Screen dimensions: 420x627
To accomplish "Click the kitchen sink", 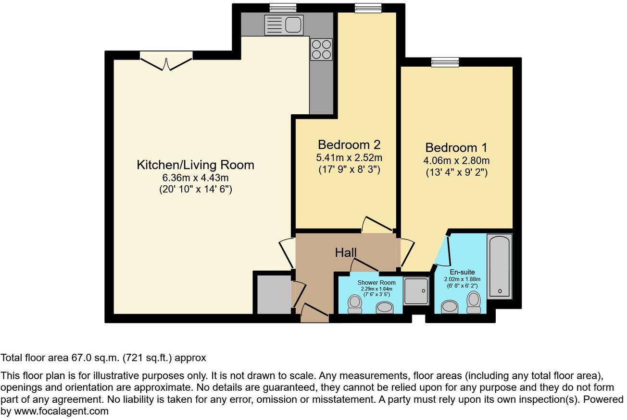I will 284,24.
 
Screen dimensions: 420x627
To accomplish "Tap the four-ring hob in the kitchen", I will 321,49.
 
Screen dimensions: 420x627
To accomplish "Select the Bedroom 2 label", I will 349,144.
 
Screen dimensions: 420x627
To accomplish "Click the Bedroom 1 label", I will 456,147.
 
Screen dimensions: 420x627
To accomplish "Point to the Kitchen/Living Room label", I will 195,165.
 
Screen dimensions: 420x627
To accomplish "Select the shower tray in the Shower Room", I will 416,291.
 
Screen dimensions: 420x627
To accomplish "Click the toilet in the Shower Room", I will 355,304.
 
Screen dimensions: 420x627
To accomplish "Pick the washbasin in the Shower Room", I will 384,307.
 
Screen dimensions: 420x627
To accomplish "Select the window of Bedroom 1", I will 445,62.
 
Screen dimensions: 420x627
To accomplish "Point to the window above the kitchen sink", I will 283,8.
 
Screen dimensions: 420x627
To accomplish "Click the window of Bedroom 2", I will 368,8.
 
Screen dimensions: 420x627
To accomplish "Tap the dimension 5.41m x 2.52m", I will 349,158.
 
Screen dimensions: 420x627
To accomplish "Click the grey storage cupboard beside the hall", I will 273,293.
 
